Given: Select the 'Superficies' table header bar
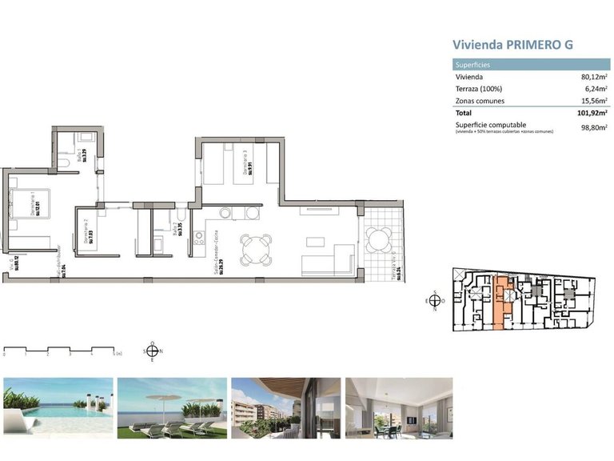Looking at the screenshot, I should pyautogui.click(x=527, y=65).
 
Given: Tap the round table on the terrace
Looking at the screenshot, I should pyautogui.click(x=379, y=239).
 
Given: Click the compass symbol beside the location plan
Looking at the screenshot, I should pyautogui.click(x=434, y=301).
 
